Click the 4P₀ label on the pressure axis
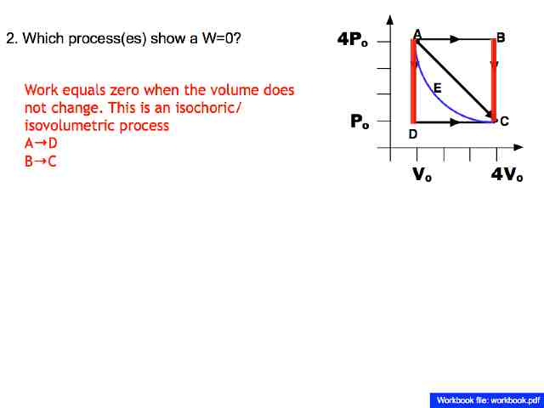pyautogui.click(x=353, y=40)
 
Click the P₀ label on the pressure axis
pyautogui.click(x=360, y=122)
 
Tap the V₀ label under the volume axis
pyautogui.click(x=422, y=175)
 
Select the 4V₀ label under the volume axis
pyautogui.click(x=507, y=175)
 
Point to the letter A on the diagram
pyautogui.click(x=417, y=33)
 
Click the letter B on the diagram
pyautogui.click(x=501, y=37)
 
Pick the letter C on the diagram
pyautogui.click(x=505, y=122)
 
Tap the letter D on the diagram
pyautogui.click(x=413, y=134)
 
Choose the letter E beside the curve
pyautogui.click(x=437, y=88)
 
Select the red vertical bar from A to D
pyautogui.click(x=414, y=81)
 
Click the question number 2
pyautogui.click(x=10, y=39)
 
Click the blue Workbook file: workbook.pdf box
pyautogui.click(x=487, y=399)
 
